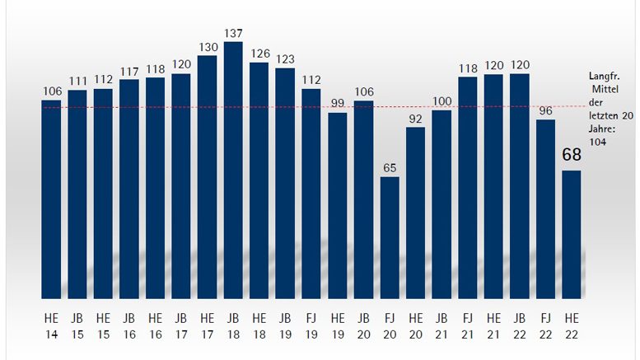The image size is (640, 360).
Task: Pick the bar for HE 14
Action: click(x=51, y=198)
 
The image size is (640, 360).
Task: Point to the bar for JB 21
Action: click(x=441, y=203)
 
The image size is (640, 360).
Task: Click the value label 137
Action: click(x=233, y=34)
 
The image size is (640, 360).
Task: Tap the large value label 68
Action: click(x=572, y=155)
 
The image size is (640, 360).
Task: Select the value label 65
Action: click(x=390, y=168)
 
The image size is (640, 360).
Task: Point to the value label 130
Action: click(x=208, y=47)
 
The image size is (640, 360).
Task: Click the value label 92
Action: click(x=415, y=119)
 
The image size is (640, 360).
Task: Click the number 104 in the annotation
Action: click(x=597, y=142)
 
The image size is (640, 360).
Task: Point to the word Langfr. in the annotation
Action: click(x=603, y=75)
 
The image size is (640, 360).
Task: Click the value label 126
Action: click(x=259, y=54)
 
